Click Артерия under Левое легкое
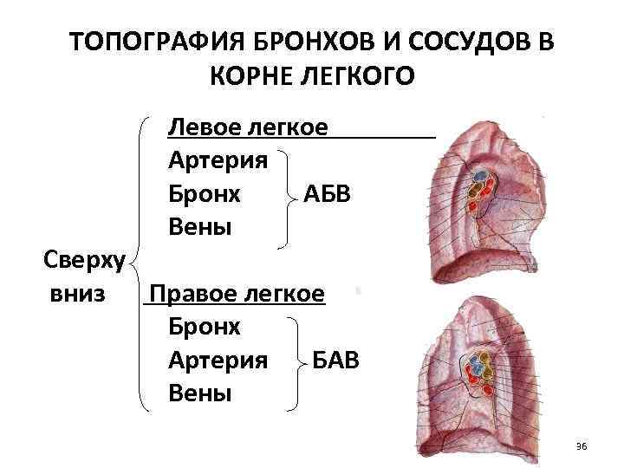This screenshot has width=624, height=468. click(x=218, y=160)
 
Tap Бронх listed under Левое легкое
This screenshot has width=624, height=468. click(x=205, y=193)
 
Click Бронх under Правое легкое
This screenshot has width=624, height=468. click(x=205, y=327)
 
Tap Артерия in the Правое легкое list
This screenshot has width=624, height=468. click(x=218, y=360)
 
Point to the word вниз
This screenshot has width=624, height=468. click(x=79, y=293)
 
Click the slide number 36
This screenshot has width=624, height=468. click(x=581, y=446)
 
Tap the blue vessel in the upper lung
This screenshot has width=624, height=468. click(x=477, y=184)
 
